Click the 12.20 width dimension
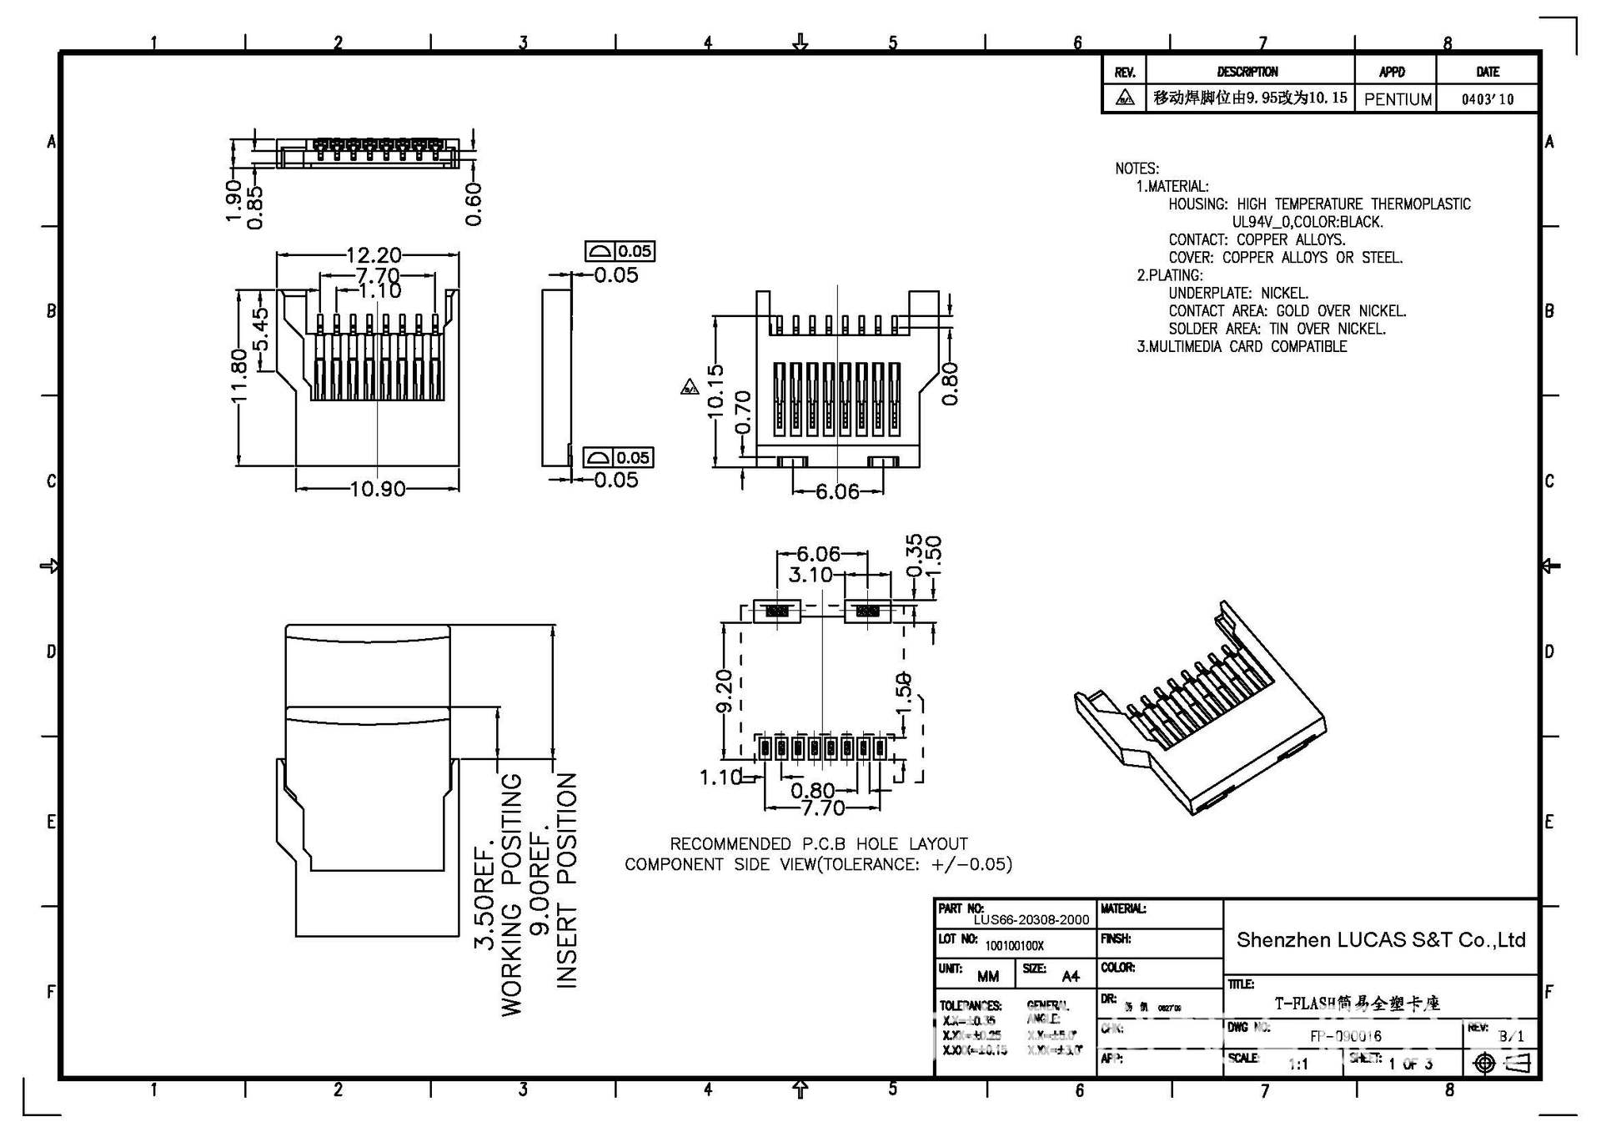[x=373, y=254]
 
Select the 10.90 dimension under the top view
[x=378, y=489]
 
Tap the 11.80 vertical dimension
[x=238, y=375]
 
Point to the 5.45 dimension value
[x=261, y=330]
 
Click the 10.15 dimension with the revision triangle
[x=715, y=391]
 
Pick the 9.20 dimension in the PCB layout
[x=724, y=691]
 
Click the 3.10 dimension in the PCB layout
[x=811, y=575]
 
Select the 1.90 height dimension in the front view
[x=234, y=201]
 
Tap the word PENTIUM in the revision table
[x=1398, y=99]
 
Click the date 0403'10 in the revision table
[x=1487, y=99]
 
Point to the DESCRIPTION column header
[x=1247, y=72]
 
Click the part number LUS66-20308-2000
[x=1031, y=919]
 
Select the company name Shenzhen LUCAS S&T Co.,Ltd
[x=1381, y=940]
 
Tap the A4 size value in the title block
[x=1070, y=976]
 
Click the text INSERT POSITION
[x=567, y=880]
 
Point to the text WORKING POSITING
[x=511, y=894]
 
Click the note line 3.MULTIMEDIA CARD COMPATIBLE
[x=1242, y=346]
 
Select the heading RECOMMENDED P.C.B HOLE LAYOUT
[x=819, y=844]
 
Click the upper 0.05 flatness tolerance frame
[x=620, y=251]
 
